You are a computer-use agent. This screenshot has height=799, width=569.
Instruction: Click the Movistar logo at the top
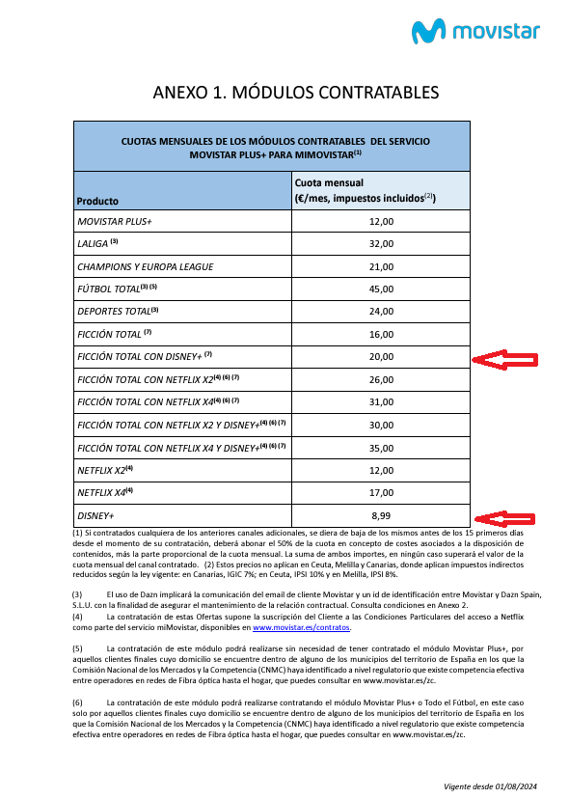click(476, 30)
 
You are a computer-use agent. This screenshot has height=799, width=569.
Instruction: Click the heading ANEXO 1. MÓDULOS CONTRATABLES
click(296, 93)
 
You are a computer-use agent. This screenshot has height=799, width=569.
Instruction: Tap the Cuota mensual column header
click(329, 181)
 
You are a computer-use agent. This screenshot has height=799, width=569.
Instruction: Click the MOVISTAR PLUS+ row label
click(115, 222)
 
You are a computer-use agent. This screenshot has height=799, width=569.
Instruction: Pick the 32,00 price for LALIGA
click(381, 244)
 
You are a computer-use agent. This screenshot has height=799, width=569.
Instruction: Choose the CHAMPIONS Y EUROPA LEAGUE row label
click(145, 266)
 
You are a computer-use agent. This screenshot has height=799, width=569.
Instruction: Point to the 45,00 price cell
click(381, 289)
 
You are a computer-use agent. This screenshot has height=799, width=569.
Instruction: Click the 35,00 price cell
click(381, 449)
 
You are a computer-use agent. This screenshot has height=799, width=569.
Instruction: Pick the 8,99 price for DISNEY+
click(381, 516)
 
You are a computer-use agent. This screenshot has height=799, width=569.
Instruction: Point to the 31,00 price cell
click(381, 401)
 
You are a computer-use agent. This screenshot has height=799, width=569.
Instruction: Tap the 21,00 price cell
click(381, 266)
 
